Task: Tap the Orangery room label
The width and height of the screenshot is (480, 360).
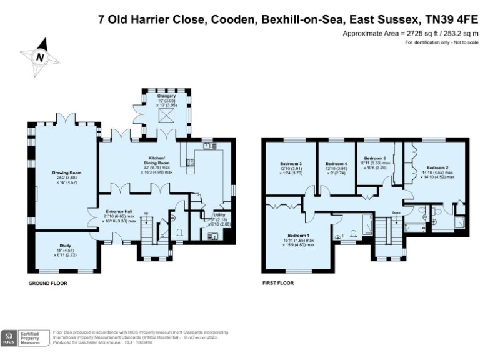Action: click(157, 96)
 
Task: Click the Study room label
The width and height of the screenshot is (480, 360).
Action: click(66, 246)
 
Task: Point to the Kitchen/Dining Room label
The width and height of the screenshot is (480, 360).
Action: click(160, 159)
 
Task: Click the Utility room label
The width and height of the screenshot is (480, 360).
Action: click(219, 214)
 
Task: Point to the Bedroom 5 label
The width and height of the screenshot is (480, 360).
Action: click(375, 159)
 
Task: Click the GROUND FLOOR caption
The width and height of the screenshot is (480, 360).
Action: click(47, 283)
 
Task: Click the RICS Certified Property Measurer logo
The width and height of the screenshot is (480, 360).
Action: click(24, 337)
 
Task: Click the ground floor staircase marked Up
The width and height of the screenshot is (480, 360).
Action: click(148, 231)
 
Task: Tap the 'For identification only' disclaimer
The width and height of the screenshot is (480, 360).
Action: click(441, 42)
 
